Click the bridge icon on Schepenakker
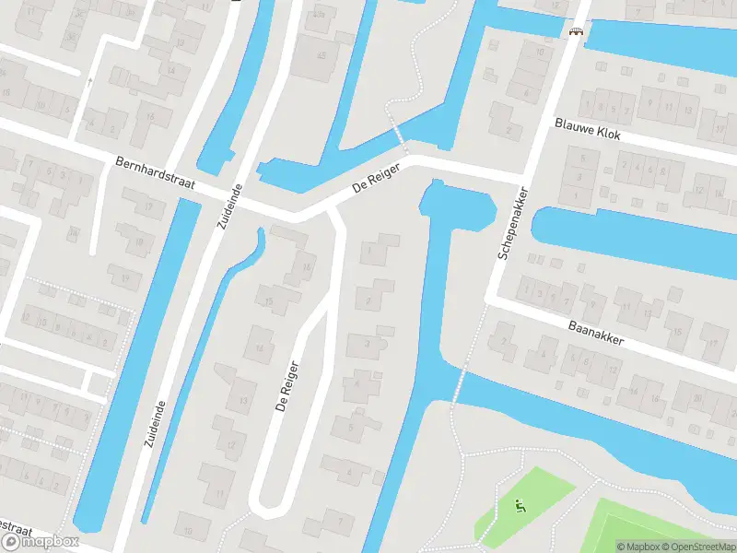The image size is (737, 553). point(577,32)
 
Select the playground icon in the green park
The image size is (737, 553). point(520,504)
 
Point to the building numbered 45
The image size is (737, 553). point(322,55)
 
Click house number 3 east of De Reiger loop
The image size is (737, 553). point(368,344)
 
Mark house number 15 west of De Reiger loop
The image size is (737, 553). point(269,301)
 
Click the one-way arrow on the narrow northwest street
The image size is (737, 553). point(89,83)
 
